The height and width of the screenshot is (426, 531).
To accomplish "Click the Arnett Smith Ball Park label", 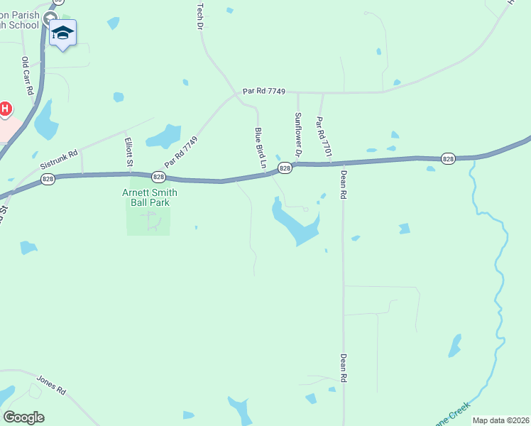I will click(x=149, y=197).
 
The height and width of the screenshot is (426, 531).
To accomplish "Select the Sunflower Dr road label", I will click(x=299, y=134).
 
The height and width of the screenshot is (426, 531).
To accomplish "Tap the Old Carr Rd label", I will click(x=28, y=77).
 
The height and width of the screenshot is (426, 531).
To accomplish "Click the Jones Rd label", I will click(x=51, y=385).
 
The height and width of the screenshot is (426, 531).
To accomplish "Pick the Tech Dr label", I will click(x=199, y=14).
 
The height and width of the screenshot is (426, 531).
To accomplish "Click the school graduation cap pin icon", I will click(x=62, y=33).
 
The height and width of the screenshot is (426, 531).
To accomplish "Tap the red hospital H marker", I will click(x=5, y=109).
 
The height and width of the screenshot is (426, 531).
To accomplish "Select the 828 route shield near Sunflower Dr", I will click(x=285, y=168).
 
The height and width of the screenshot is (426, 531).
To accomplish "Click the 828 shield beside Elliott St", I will click(x=158, y=177).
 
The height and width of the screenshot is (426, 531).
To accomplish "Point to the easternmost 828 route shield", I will click(x=447, y=158).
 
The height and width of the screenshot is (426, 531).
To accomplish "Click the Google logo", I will click(x=23, y=417).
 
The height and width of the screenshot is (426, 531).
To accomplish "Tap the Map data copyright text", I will click(x=500, y=420).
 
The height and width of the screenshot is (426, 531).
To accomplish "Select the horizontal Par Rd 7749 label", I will click(x=263, y=91).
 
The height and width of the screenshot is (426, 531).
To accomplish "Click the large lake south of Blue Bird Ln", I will click(x=297, y=224).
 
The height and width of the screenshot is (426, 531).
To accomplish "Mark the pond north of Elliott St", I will click(x=165, y=136).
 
